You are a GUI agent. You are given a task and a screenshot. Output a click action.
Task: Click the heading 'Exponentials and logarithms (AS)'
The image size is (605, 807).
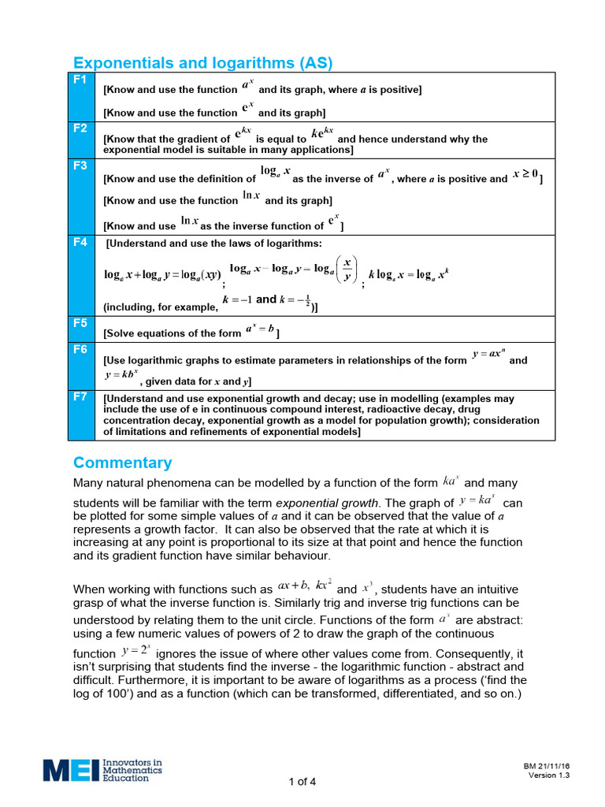pos(202,63)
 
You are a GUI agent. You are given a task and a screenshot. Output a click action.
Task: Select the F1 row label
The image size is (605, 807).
pos(80,80)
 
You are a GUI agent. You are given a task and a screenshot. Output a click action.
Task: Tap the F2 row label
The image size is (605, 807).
pos(80,128)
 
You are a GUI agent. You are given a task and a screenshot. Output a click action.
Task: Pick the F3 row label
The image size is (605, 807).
pos(80,165)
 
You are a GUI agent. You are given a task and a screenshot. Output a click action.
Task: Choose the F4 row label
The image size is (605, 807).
pos(80,243)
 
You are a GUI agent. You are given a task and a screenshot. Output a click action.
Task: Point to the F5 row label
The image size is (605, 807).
pos(80,323)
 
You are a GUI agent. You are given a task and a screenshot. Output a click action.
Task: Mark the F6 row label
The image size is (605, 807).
pos(80,349)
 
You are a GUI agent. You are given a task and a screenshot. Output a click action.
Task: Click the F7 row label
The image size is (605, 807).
pos(80,397)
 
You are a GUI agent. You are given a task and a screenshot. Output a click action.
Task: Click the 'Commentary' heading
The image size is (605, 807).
pos(122,463)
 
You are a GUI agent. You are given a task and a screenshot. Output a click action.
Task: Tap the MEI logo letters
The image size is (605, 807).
pos(71,770)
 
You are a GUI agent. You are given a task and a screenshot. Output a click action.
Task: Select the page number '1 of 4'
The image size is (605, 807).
pos(302,782)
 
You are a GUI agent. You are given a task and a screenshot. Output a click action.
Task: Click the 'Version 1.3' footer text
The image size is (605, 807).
pos(548,775)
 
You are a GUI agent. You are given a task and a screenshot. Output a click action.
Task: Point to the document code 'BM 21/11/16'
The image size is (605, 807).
pos(546,766)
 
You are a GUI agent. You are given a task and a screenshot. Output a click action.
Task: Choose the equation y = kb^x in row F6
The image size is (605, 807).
pos(121,374)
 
